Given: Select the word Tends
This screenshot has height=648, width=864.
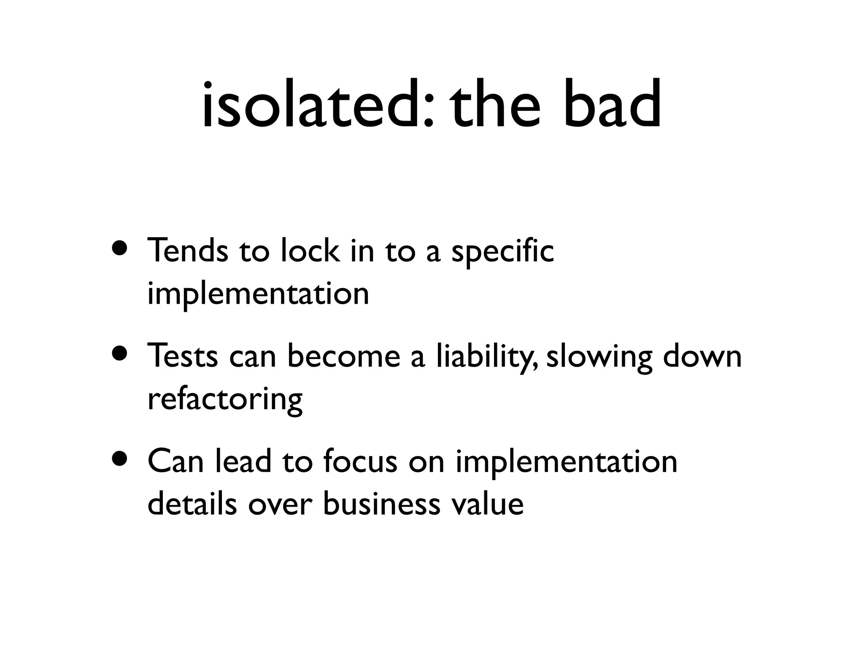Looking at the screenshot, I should click(x=188, y=250).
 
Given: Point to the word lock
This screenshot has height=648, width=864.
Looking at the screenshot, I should click(x=310, y=250).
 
